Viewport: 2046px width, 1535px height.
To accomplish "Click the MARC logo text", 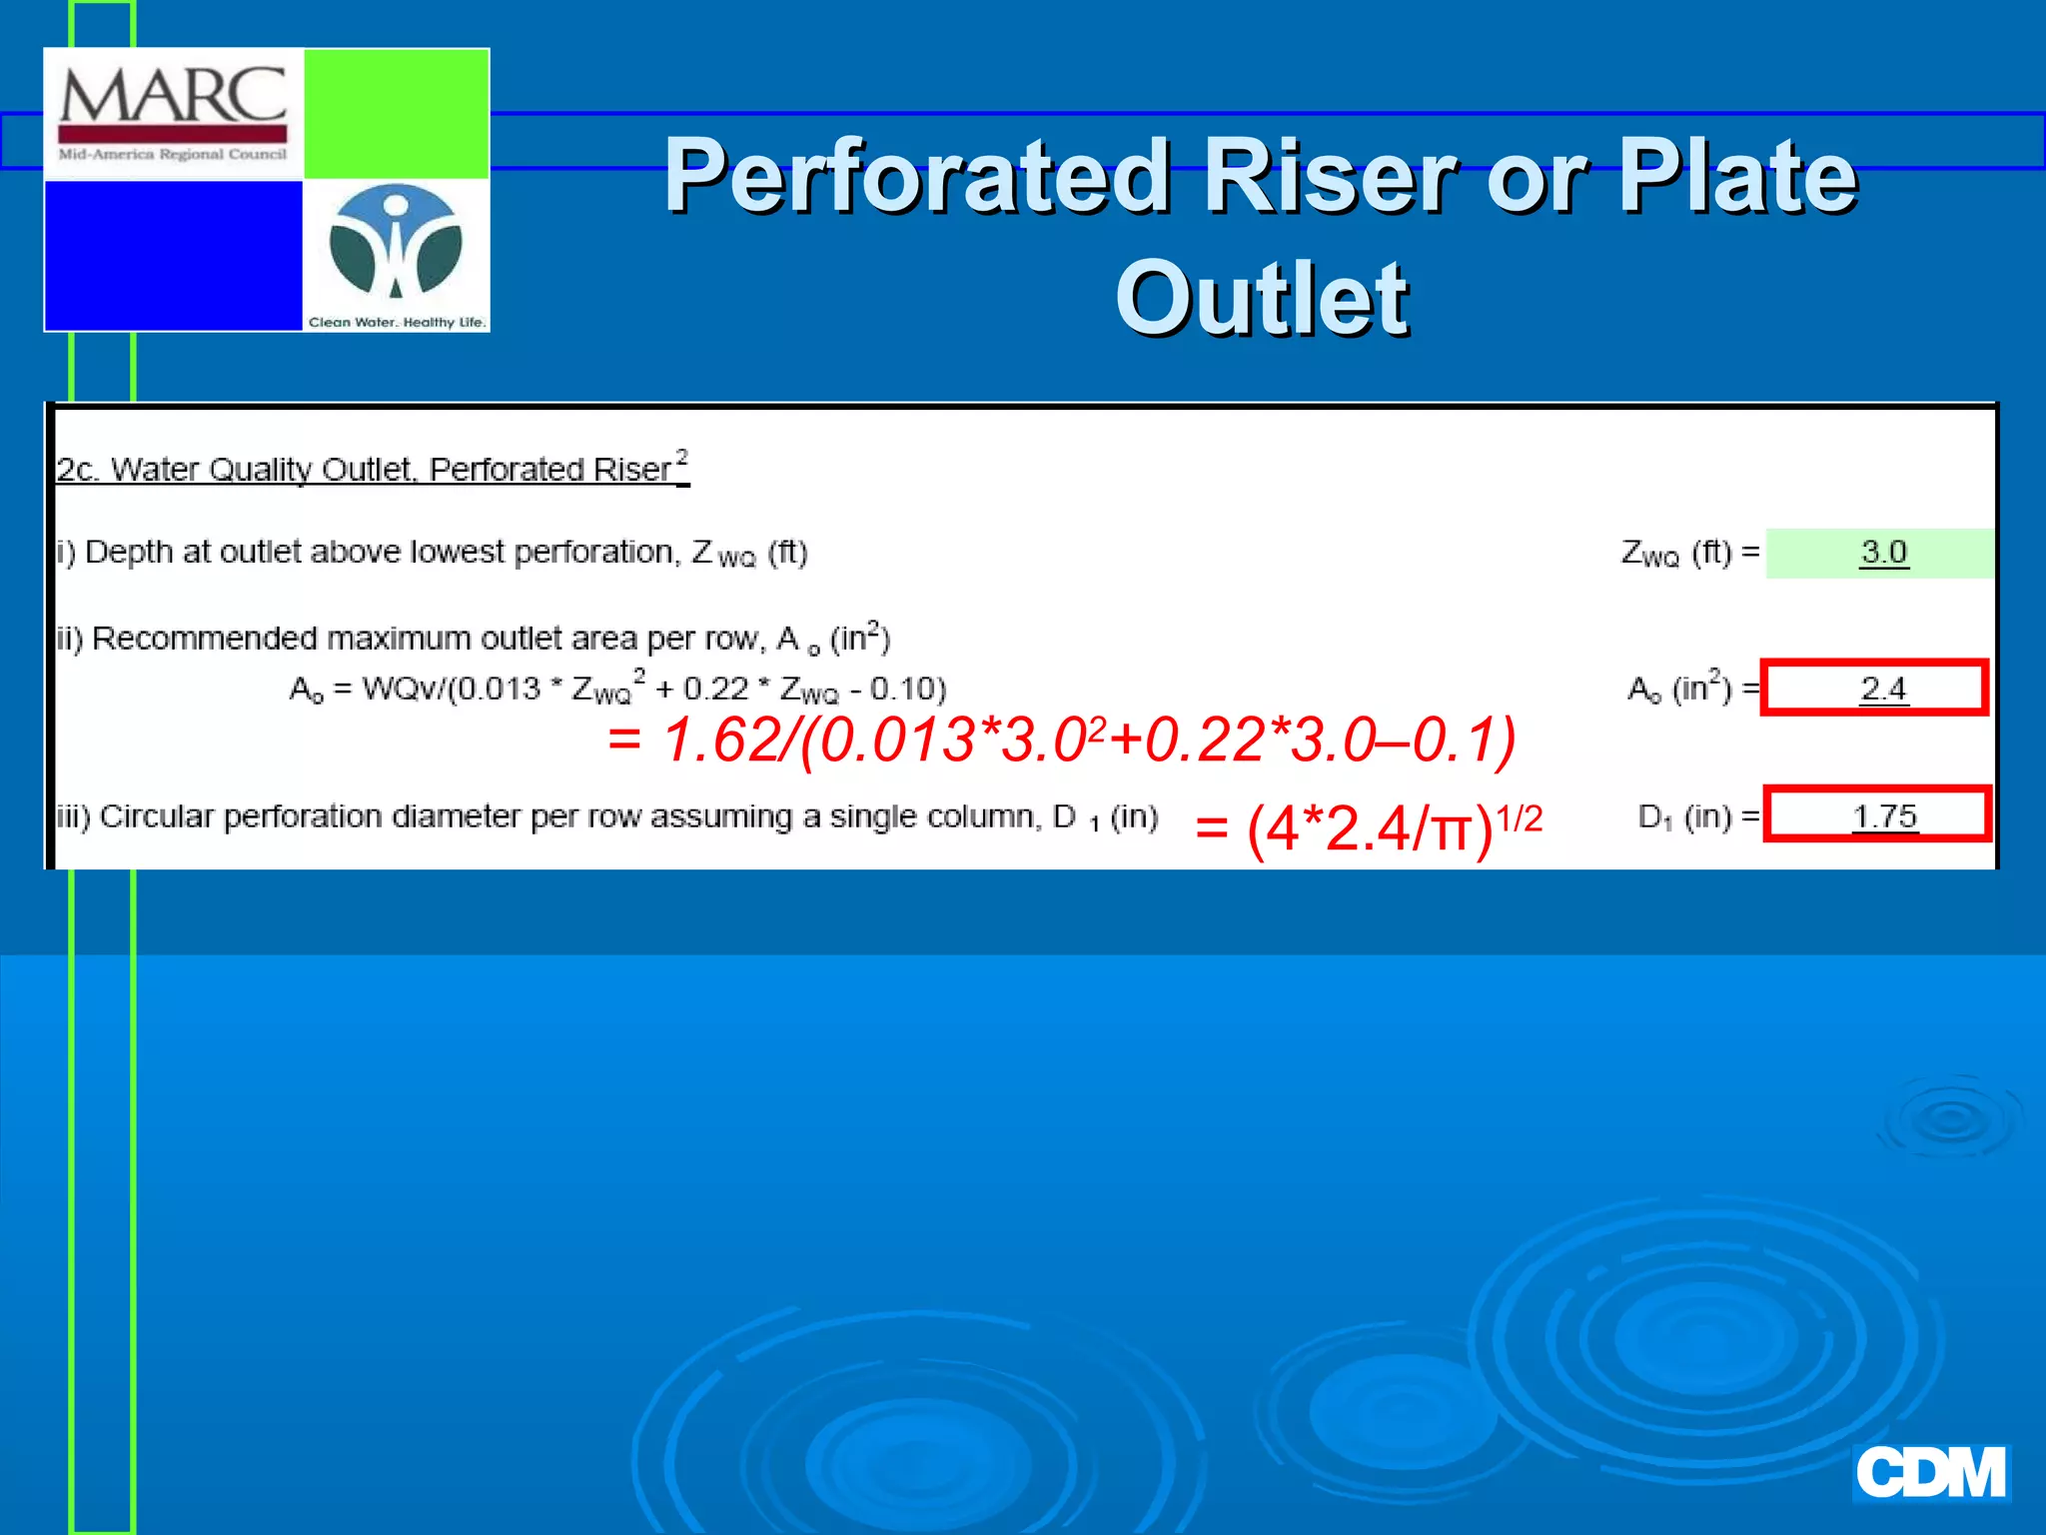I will tap(173, 96).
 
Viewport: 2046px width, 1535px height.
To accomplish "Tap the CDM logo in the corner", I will tap(1930, 1473).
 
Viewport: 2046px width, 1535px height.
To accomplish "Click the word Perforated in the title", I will tap(917, 176).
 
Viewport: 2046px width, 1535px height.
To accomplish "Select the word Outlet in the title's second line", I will tap(1262, 298).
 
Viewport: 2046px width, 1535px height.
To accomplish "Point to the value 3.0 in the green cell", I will tap(1883, 553).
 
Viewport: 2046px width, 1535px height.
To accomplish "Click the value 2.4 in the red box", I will tap(1882, 689).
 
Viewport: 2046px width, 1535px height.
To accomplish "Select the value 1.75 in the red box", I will tap(1884, 816).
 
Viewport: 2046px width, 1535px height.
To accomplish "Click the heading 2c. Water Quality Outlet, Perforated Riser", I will tap(372, 469).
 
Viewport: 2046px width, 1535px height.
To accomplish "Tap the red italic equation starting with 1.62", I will tap(1061, 741).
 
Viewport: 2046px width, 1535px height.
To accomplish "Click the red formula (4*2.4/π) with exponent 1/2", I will tap(1369, 827).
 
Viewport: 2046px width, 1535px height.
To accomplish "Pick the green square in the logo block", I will tap(396, 113).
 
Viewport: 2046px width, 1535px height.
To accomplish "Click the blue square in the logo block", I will tap(173, 256).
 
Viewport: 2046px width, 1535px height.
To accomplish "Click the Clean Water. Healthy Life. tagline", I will tap(397, 322).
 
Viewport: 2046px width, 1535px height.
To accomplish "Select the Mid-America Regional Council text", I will tap(173, 155).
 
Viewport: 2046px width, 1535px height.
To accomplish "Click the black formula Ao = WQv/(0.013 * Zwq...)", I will tap(616, 689).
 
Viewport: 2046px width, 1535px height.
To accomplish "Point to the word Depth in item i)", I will tap(129, 552).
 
